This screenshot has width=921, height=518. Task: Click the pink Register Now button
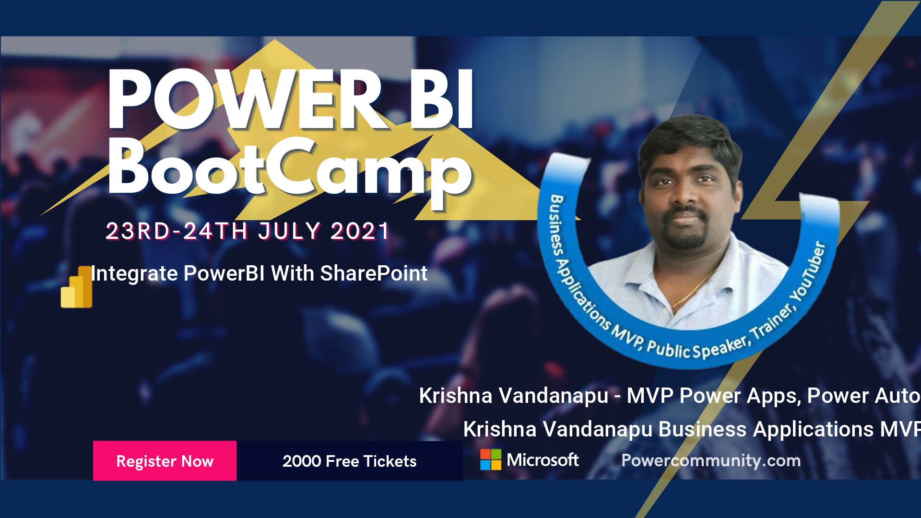click(x=165, y=460)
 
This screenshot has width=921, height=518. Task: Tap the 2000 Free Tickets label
click(x=349, y=461)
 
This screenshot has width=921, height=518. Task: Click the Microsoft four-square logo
click(x=491, y=459)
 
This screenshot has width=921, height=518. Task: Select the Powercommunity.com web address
click(x=711, y=460)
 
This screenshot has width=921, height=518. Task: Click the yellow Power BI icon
click(x=77, y=287)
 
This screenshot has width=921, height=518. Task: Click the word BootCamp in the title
click(x=290, y=168)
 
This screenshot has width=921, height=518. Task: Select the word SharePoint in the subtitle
click(x=374, y=273)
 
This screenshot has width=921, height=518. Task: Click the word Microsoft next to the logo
click(x=543, y=460)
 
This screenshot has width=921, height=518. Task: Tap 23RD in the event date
click(x=138, y=231)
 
